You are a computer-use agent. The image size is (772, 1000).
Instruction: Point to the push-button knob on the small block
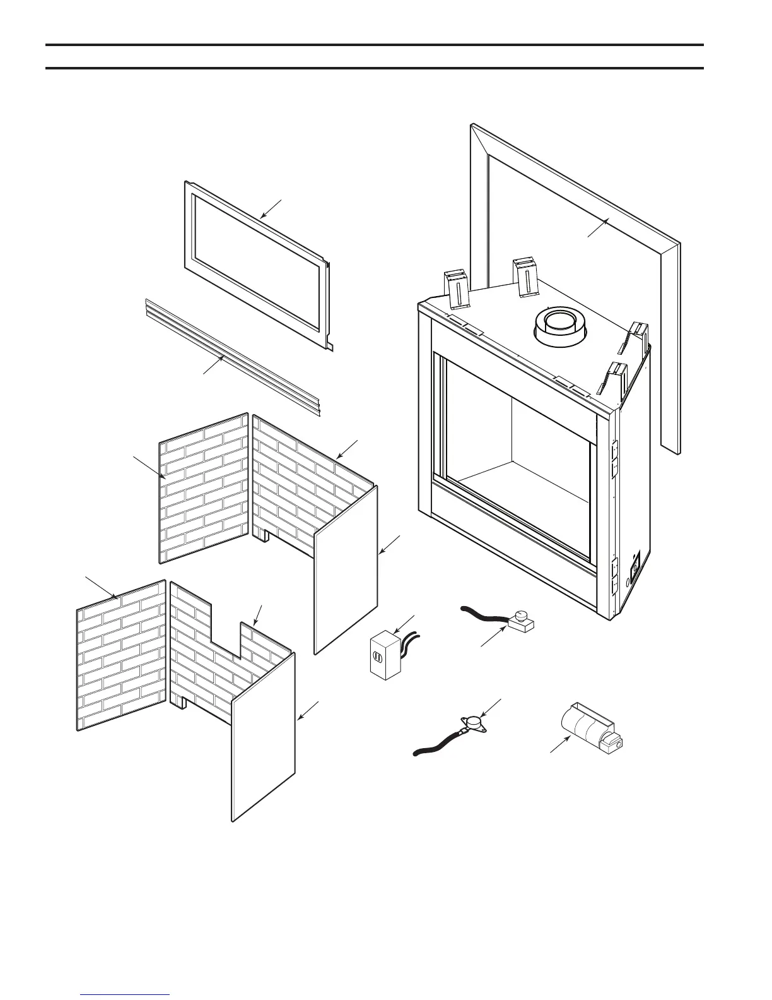[x=522, y=615]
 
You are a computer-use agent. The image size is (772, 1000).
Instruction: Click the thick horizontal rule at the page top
[x=375, y=45]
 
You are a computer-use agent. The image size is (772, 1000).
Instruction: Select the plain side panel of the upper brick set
[x=346, y=568]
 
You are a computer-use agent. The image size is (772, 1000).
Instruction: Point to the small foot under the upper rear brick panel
[x=263, y=534]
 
